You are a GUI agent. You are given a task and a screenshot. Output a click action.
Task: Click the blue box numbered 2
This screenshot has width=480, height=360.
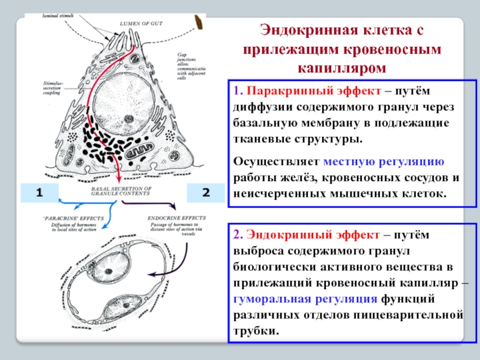(x=206, y=193)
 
